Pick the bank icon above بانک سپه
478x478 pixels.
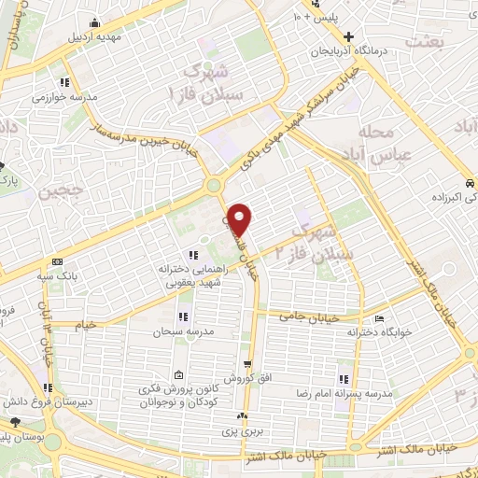tap(58, 261)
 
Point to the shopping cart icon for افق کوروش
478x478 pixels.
tap(246, 364)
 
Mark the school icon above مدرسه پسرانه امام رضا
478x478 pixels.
tap(344, 379)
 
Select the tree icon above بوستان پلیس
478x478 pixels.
tap(13, 425)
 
